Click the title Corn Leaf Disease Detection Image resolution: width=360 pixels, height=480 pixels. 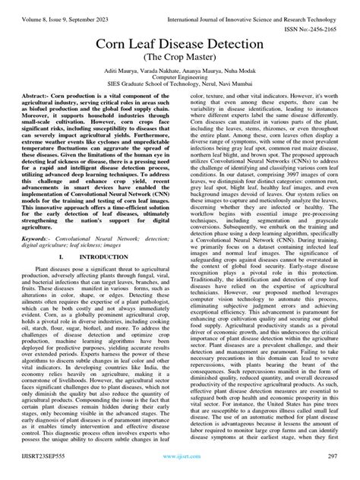(x=180, y=48)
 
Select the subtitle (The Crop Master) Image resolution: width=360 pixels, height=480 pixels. (x=180, y=64)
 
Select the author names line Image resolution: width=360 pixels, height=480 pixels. (x=180, y=78)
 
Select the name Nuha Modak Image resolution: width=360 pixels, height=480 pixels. (x=240, y=78)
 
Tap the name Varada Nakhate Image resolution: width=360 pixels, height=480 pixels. (x=159, y=78)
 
